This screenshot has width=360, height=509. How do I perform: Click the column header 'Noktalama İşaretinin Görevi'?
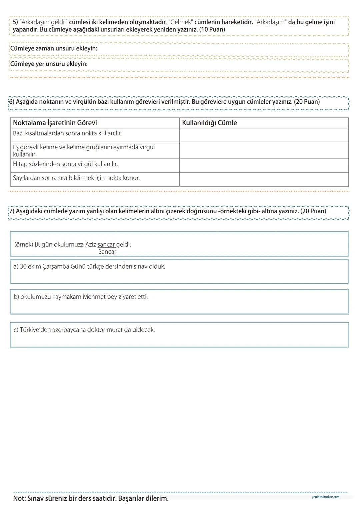click(x=55, y=123)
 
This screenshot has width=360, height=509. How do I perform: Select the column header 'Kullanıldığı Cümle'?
click(x=209, y=123)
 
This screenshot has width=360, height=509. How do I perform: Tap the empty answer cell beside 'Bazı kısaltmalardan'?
click(x=264, y=135)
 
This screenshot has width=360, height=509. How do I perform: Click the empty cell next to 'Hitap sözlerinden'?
click(x=264, y=166)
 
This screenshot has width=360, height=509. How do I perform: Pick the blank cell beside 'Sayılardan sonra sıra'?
click(x=264, y=180)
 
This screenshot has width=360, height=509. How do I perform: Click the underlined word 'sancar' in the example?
click(x=106, y=244)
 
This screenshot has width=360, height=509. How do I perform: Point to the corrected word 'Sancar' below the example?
click(x=107, y=252)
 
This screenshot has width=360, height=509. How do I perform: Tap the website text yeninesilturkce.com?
click(x=325, y=497)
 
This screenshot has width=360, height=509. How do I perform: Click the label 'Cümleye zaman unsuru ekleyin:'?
click(x=54, y=48)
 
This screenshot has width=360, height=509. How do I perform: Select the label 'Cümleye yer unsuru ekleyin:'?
click(x=49, y=64)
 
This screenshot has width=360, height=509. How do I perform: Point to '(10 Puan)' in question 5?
click(x=212, y=29)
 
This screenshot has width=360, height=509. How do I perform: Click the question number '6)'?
click(x=11, y=102)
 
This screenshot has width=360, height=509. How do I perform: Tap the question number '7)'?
click(x=11, y=211)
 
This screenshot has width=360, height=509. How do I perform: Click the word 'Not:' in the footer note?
click(x=20, y=499)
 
